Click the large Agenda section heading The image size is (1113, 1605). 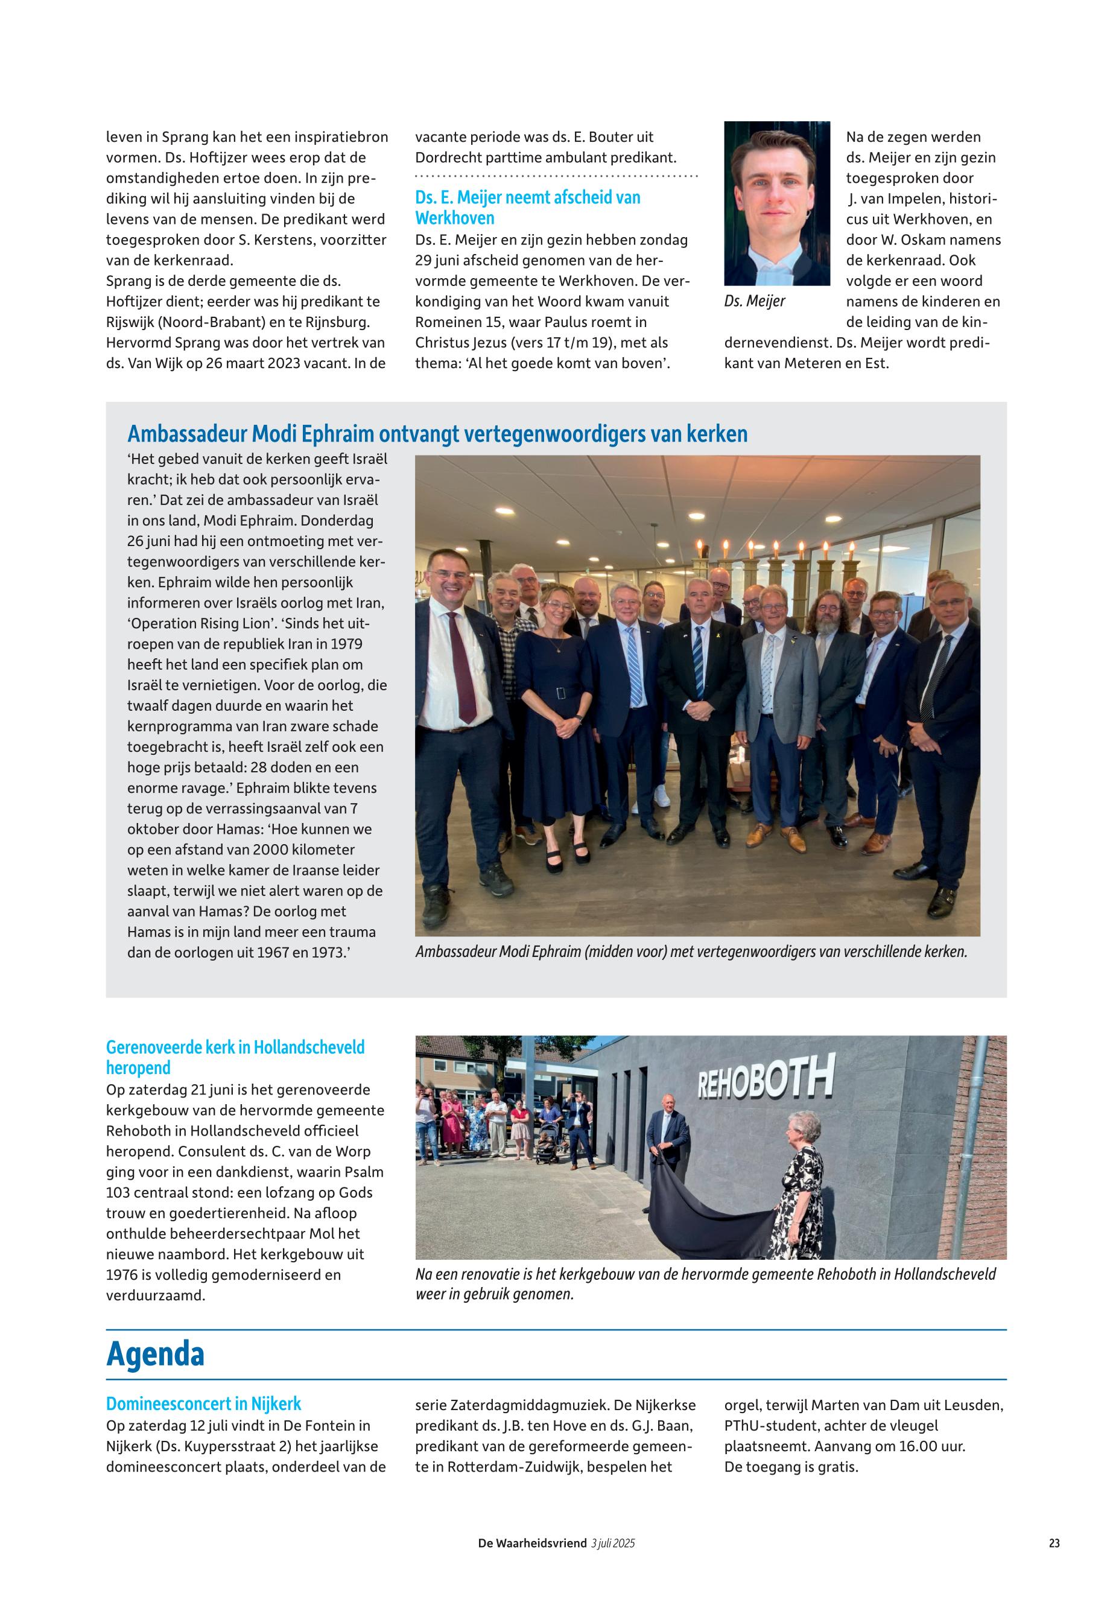pos(155,1355)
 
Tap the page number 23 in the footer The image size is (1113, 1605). pos(1054,1543)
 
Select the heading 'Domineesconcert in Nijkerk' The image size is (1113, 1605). pos(204,1403)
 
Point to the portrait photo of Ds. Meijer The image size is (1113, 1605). pos(777,203)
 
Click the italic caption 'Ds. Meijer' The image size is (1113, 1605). pos(755,301)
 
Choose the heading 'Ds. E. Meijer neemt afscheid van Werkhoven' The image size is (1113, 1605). pos(527,207)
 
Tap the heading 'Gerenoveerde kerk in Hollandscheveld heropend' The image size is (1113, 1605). pos(235,1057)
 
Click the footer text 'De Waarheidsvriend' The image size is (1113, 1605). pos(532,1543)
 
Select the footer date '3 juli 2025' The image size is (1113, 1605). pos(612,1543)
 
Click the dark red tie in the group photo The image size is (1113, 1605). pos(461,666)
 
